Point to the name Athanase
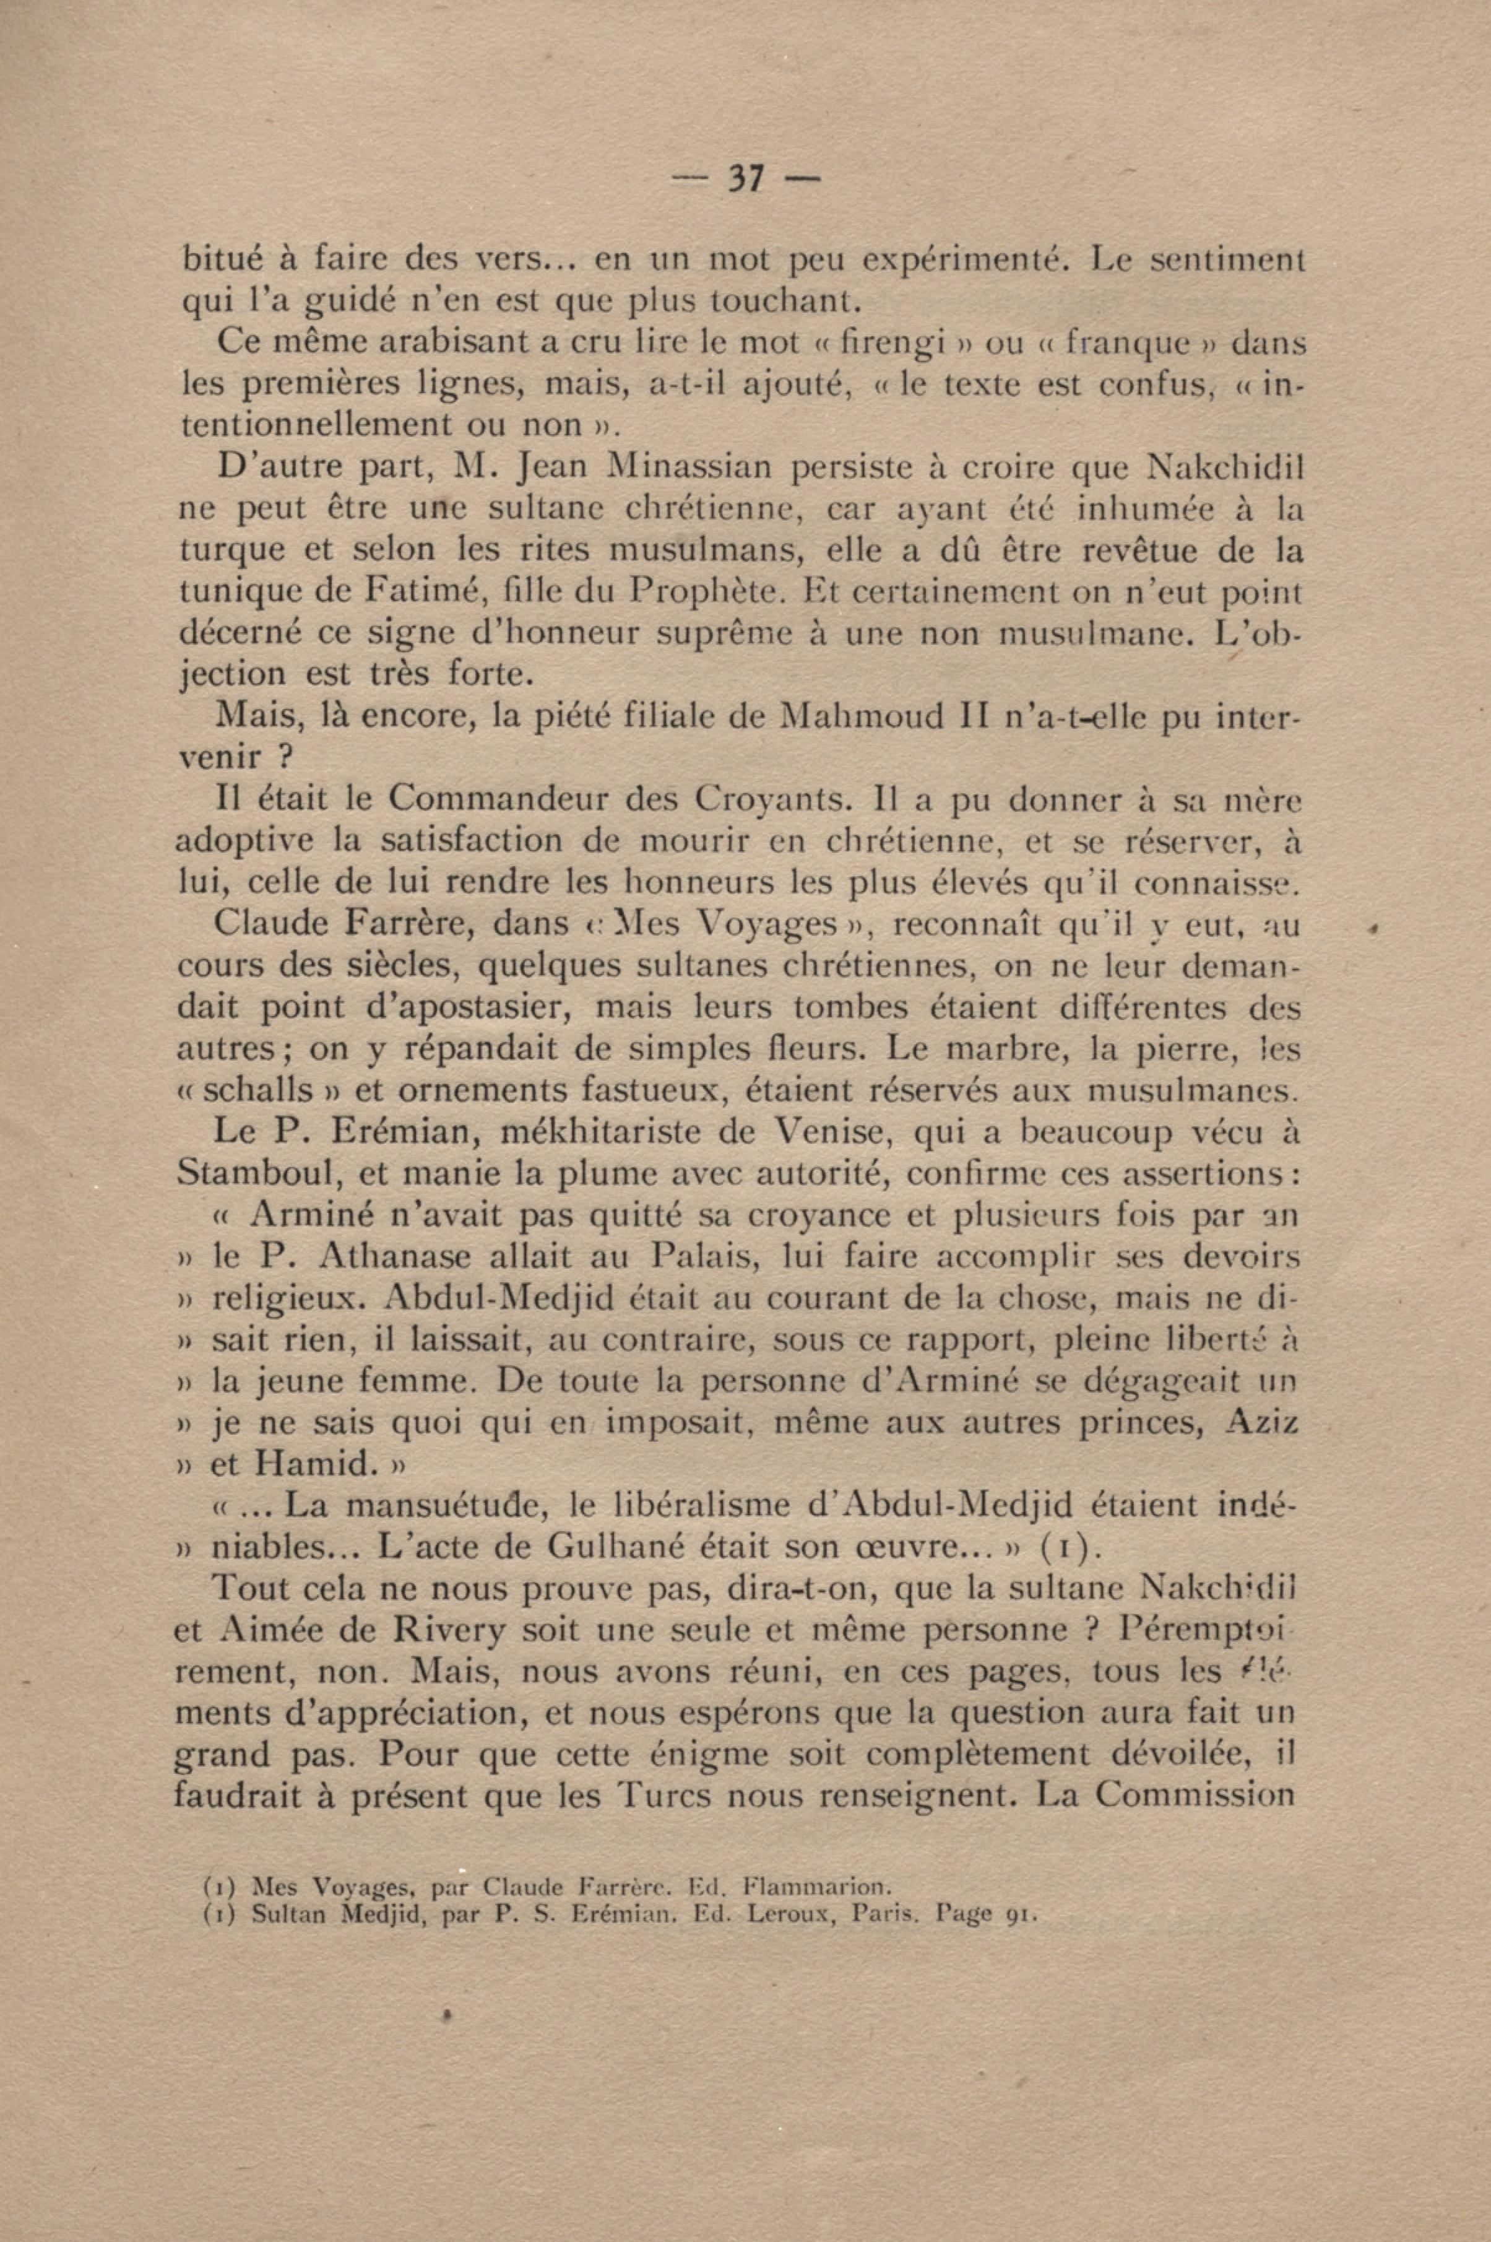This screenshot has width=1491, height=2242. (395, 1256)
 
